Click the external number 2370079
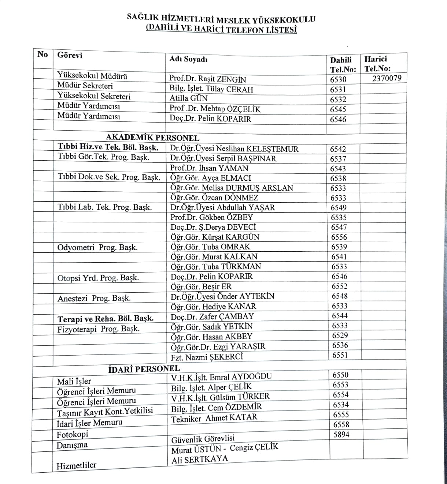(x=387, y=78)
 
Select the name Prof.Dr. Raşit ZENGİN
(x=207, y=79)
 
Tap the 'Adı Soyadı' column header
(x=188, y=59)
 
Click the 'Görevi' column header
(x=70, y=55)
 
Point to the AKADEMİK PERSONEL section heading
(x=152, y=138)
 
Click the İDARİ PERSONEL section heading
(x=144, y=369)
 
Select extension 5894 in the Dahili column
(x=341, y=435)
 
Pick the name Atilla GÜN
(x=188, y=98)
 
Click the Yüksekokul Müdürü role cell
(x=92, y=76)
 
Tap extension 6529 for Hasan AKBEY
(x=340, y=335)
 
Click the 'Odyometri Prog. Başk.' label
(x=97, y=248)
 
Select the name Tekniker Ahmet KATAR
(x=214, y=418)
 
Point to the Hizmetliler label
(x=76, y=466)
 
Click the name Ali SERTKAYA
(x=200, y=459)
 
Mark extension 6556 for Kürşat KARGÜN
(x=339, y=237)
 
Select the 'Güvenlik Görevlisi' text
(x=203, y=439)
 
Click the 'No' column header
(x=43, y=55)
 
